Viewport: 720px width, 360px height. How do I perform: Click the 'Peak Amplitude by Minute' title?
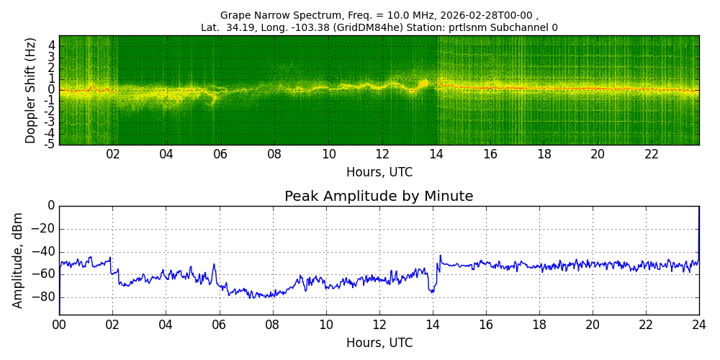tap(379, 197)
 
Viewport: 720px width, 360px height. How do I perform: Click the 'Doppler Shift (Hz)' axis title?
tap(31, 90)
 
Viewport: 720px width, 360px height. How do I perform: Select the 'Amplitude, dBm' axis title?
tap(18, 260)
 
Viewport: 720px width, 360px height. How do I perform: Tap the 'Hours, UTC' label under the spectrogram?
tap(379, 173)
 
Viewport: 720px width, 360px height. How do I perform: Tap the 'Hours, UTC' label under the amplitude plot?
tap(379, 343)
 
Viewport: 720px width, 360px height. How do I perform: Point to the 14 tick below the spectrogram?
tap(436, 155)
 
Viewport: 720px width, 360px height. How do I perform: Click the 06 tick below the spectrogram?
tap(220, 155)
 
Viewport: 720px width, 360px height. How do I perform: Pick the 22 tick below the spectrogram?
tap(652, 155)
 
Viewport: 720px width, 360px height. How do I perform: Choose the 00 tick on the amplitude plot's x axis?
tap(59, 325)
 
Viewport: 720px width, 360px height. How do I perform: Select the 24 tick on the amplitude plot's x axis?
tap(699, 325)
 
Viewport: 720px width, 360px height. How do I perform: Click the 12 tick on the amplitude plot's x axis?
tap(379, 325)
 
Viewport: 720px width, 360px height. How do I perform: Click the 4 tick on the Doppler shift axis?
tap(51, 45)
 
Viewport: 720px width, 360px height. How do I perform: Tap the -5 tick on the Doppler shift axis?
tap(49, 144)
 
